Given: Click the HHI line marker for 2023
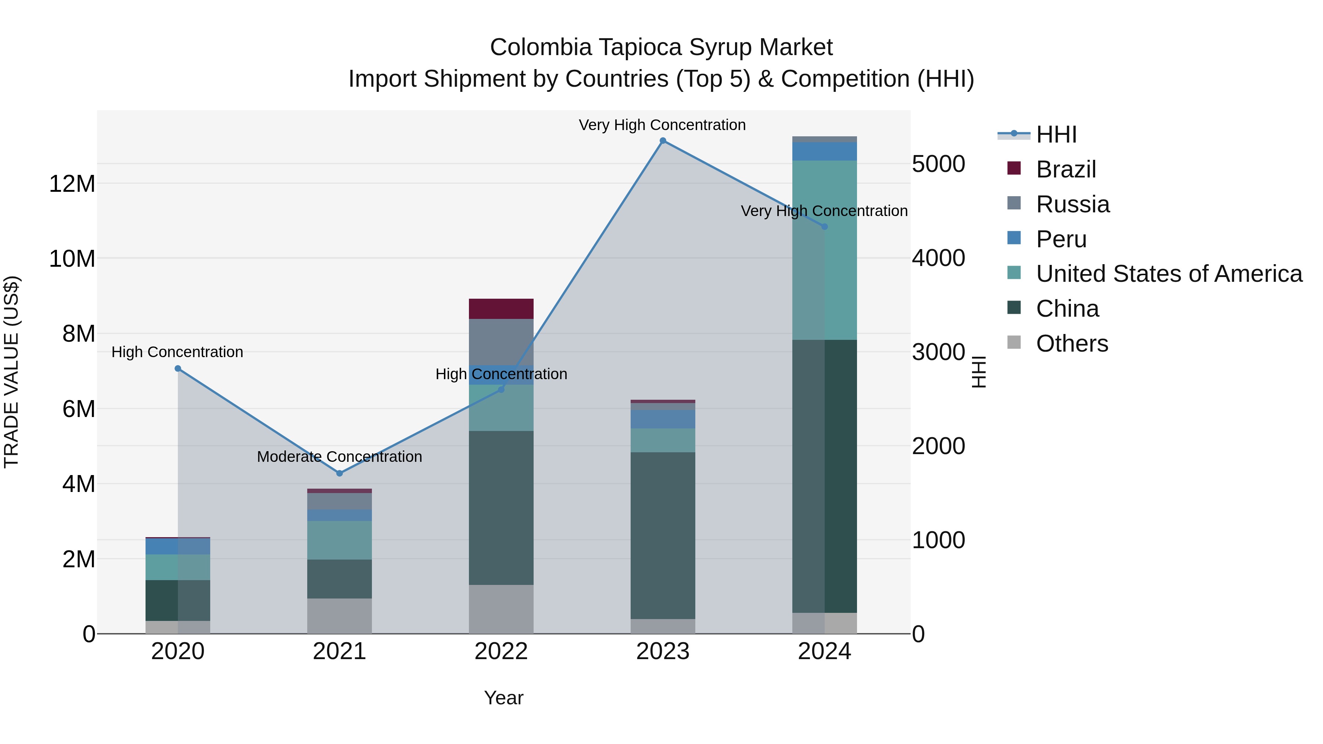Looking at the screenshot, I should pyautogui.click(x=663, y=141).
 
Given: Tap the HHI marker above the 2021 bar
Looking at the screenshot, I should pyautogui.click(x=340, y=473).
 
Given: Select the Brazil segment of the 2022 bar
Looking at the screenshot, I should pyautogui.click(x=501, y=309).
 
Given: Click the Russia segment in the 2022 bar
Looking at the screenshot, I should pyautogui.click(x=501, y=341).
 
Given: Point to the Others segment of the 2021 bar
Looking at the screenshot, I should pyautogui.click(x=340, y=616).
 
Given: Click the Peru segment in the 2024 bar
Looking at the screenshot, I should pyautogui.click(x=824, y=151).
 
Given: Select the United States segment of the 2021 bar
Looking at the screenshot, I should pyautogui.click(x=340, y=540).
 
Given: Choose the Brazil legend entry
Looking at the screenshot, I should pyautogui.click(x=1066, y=169).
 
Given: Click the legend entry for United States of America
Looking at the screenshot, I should pyautogui.click(x=1168, y=274).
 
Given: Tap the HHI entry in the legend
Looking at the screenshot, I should pyautogui.click(x=1056, y=134).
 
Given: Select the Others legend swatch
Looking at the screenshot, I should pyautogui.click(x=1014, y=342).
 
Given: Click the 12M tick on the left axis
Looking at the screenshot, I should pyautogui.click(x=72, y=184).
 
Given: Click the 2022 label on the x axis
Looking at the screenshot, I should pyautogui.click(x=501, y=651).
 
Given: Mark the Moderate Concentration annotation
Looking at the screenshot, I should pyautogui.click(x=340, y=456).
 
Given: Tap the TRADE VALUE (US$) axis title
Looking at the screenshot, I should pyautogui.click(x=11, y=372).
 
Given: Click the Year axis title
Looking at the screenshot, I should pyautogui.click(x=503, y=698).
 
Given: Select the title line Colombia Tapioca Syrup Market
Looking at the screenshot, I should pyautogui.click(x=661, y=47).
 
